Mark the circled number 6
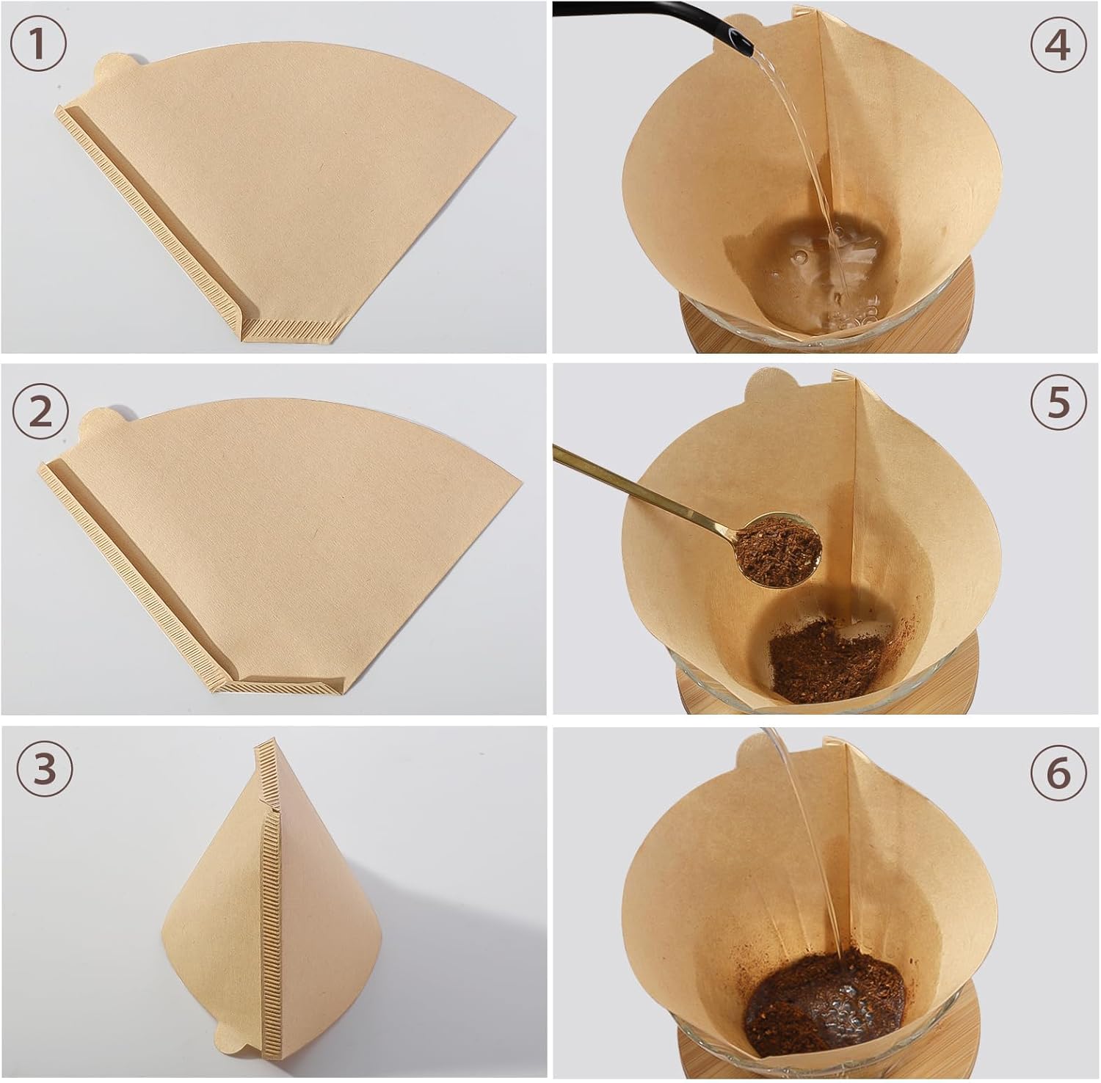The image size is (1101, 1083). coord(1058,772)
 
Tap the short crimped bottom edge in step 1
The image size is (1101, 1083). coord(290,329)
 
